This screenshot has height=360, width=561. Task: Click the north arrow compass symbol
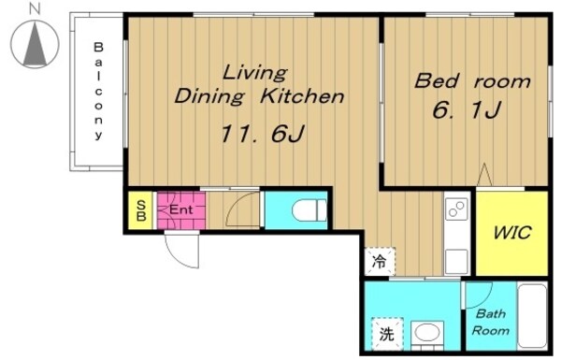(35, 44)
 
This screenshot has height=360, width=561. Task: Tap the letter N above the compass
(35, 9)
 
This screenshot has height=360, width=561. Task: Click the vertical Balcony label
(98, 92)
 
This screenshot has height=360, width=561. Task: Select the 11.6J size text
(262, 134)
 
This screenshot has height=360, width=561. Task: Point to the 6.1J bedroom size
(467, 109)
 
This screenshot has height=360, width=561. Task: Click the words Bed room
(472, 80)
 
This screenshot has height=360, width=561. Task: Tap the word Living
(254, 73)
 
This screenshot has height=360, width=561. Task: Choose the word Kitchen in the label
(302, 96)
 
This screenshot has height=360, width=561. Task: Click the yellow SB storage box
(141, 210)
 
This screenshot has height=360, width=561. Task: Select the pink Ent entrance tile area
(181, 210)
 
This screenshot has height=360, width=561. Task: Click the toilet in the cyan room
(309, 210)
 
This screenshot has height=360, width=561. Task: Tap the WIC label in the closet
(512, 233)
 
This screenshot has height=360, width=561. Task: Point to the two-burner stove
(457, 209)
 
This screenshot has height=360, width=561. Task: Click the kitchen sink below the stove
(457, 262)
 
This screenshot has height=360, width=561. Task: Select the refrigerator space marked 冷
(380, 261)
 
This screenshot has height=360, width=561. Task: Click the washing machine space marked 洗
(387, 334)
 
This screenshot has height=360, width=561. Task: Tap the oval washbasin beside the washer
(427, 333)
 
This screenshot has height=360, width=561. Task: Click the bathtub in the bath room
(532, 315)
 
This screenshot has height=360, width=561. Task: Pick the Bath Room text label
(491, 322)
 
